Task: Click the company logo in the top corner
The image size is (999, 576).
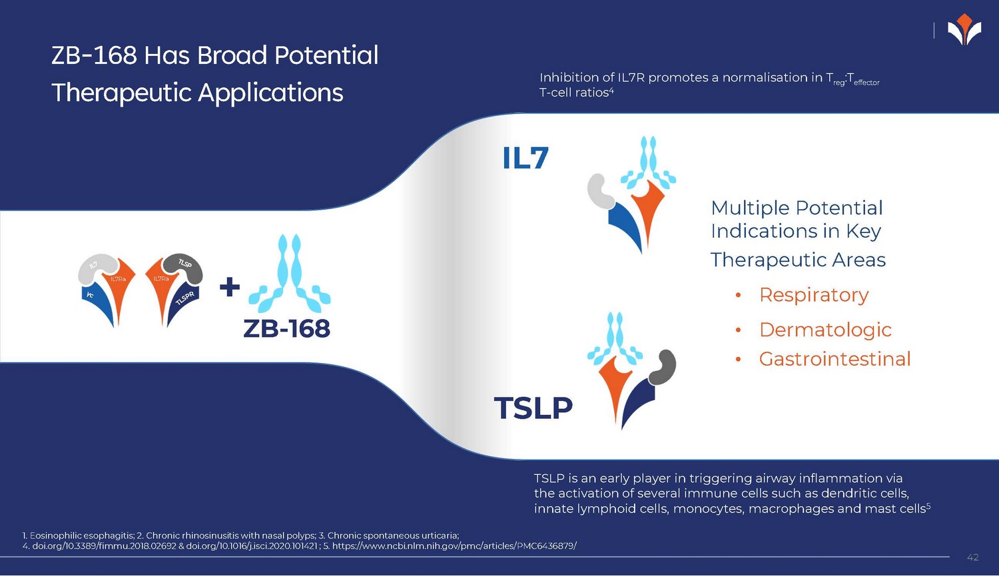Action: (964, 31)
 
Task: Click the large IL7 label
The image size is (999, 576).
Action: (525, 158)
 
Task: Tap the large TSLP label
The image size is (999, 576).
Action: (533, 408)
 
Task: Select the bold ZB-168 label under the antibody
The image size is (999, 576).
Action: (287, 328)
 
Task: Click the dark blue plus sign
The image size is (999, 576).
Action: (230, 287)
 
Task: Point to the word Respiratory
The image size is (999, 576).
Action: (814, 295)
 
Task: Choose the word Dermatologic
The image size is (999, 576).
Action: (825, 330)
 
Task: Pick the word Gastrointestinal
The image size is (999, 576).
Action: (834, 359)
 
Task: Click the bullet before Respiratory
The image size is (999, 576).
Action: (738, 296)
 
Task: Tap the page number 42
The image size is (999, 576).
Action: (972, 557)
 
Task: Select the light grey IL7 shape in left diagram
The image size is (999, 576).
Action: (94, 267)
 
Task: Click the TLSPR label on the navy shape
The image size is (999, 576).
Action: (184, 298)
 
